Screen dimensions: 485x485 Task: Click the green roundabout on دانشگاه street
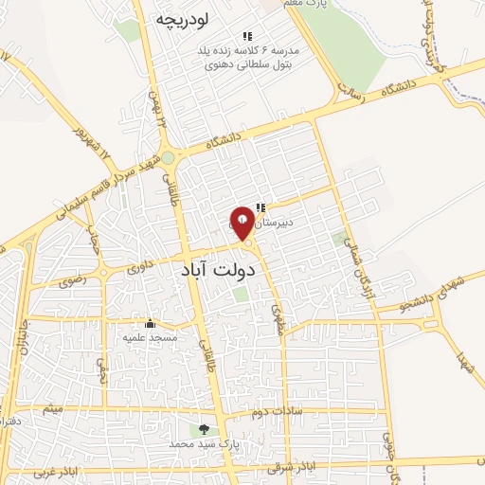coord(168,158)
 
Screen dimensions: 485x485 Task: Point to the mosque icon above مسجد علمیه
coord(149,323)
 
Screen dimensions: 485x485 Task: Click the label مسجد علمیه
coord(144,336)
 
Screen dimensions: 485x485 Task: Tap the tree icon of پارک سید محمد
coord(203,429)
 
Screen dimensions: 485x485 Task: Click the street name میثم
coord(54,410)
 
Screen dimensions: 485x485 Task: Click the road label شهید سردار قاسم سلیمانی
coord(94,185)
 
